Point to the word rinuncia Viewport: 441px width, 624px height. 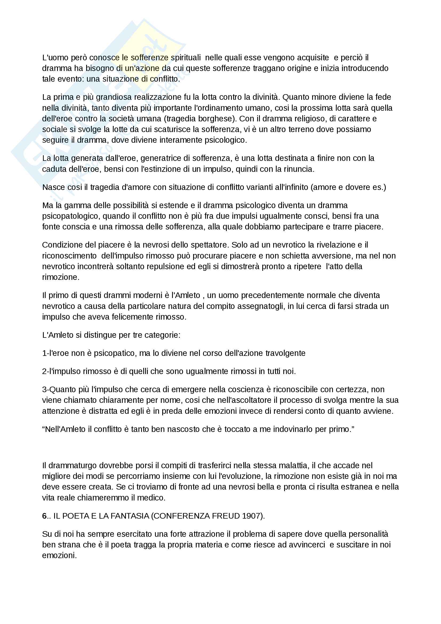[x=299, y=169]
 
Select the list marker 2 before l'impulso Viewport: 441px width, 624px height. [x=45, y=371]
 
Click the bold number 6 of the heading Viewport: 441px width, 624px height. [x=44, y=516]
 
